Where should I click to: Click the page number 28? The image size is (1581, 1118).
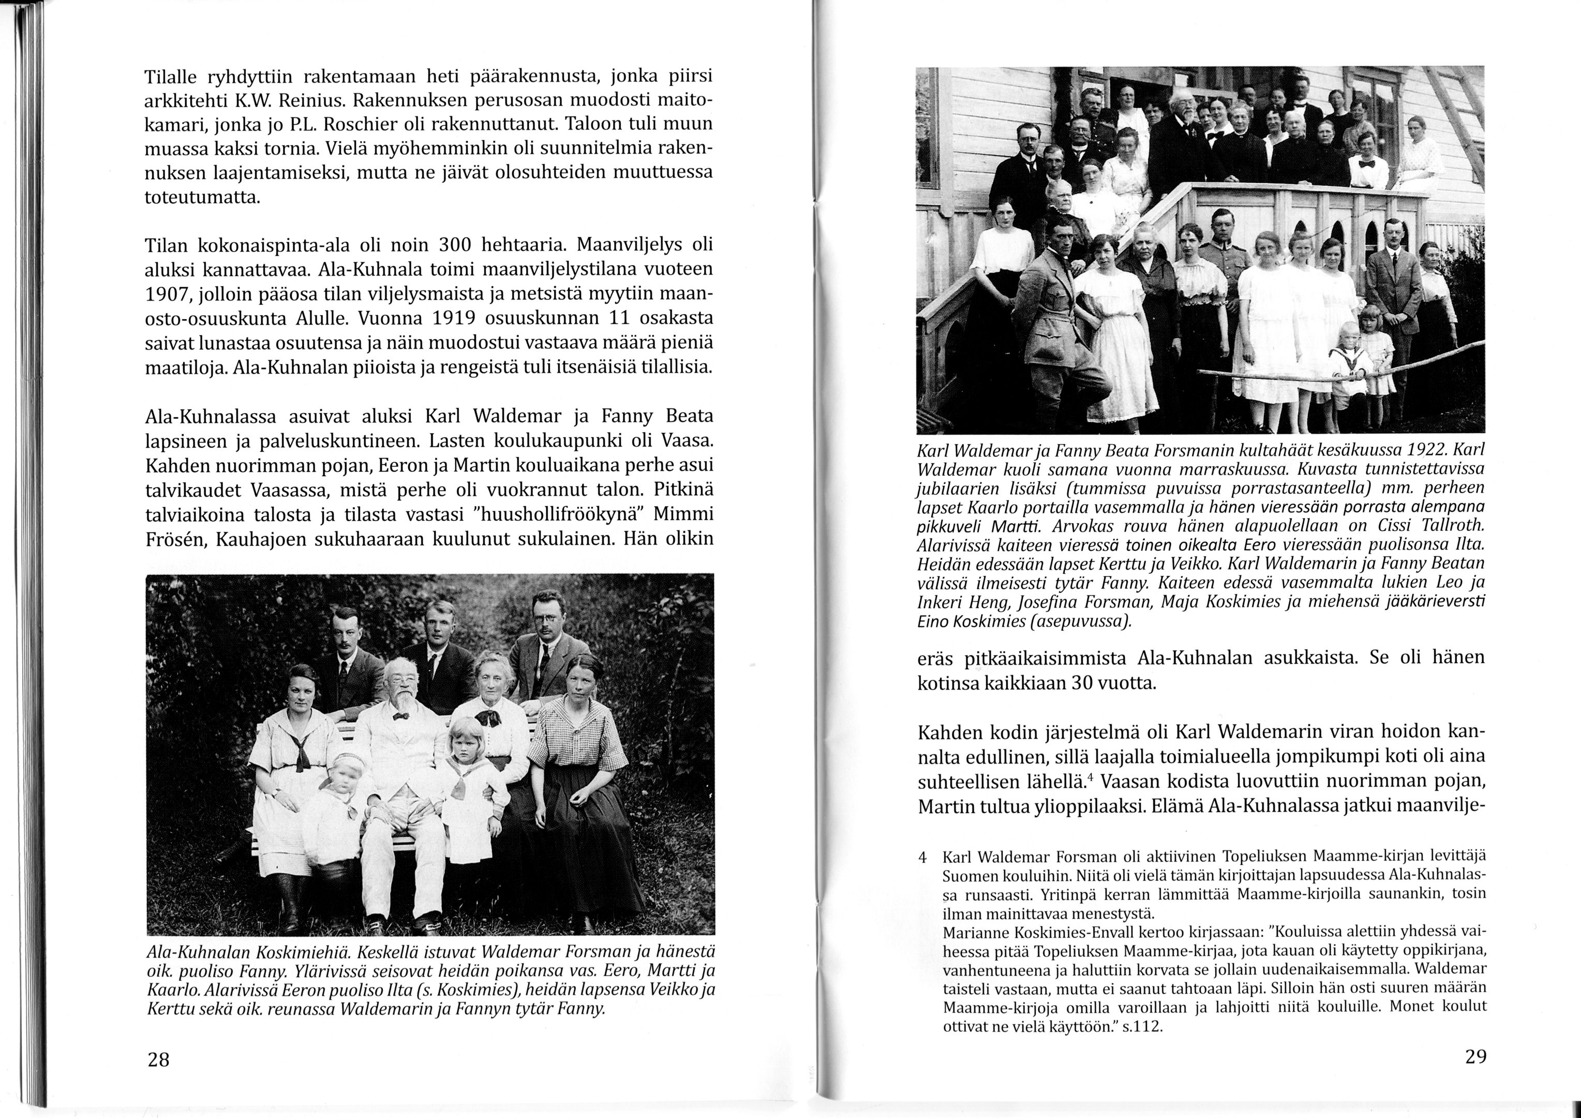tap(158, 1060)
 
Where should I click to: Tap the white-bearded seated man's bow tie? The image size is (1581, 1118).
tap(401, 716)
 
